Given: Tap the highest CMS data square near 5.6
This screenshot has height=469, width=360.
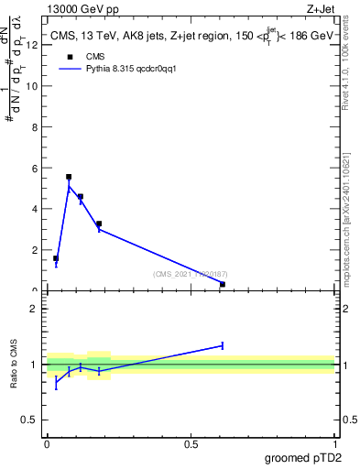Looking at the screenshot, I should [x=69, y=177].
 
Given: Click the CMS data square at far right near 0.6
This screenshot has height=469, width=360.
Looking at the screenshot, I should [x=223, y=284].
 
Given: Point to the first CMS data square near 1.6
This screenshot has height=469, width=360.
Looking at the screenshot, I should [x=56, y=258].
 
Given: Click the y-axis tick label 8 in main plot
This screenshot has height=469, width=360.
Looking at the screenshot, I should [x=34, y=126].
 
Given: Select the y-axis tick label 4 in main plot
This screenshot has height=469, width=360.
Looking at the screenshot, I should [x=34, y=209].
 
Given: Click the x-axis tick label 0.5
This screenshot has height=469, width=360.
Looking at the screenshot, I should [x=191, y=442].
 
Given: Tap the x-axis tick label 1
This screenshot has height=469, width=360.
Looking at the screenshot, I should [x=334, y=442].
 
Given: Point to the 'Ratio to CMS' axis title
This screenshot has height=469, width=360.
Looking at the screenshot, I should [x=14, y=365].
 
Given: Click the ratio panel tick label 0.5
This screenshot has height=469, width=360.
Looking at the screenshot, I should [x=30, y=420].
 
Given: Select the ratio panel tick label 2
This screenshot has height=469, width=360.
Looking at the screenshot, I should [x=34, y=309].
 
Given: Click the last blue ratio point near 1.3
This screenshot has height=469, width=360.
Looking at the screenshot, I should [x=223, y=345].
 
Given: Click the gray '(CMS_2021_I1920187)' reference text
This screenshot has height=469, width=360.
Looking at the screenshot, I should [x=190, y=274].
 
